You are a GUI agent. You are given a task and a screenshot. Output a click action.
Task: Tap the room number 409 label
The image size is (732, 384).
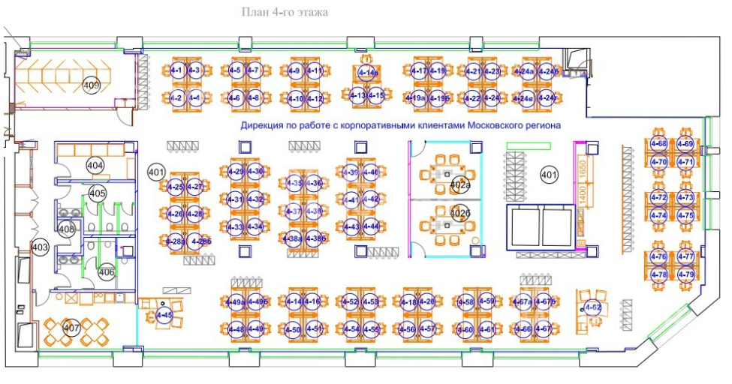tap(92, 86)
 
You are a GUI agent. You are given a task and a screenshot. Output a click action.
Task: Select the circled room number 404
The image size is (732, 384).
tap(95, 165)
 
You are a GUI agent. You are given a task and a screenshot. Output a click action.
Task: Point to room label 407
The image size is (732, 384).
tap(71, 328)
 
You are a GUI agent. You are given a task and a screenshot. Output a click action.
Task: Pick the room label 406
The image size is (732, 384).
tap(107, 272)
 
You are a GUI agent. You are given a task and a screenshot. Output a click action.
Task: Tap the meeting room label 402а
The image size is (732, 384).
tap(460, 185)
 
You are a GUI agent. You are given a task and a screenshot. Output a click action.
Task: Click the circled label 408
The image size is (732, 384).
tap(67, 229)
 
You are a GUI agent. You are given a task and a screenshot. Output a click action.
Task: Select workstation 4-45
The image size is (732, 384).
tap(164, 316)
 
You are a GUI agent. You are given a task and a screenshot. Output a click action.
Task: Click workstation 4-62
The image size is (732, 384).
tap(593, 307)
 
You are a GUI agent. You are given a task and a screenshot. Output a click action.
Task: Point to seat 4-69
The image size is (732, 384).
tap(685, 143)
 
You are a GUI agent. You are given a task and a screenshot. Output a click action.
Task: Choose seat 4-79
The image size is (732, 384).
tap(685, 274)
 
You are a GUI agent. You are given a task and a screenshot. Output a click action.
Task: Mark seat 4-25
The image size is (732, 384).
tap(177, 187)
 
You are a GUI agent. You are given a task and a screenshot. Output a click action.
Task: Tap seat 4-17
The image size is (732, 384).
tap(419, 71)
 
